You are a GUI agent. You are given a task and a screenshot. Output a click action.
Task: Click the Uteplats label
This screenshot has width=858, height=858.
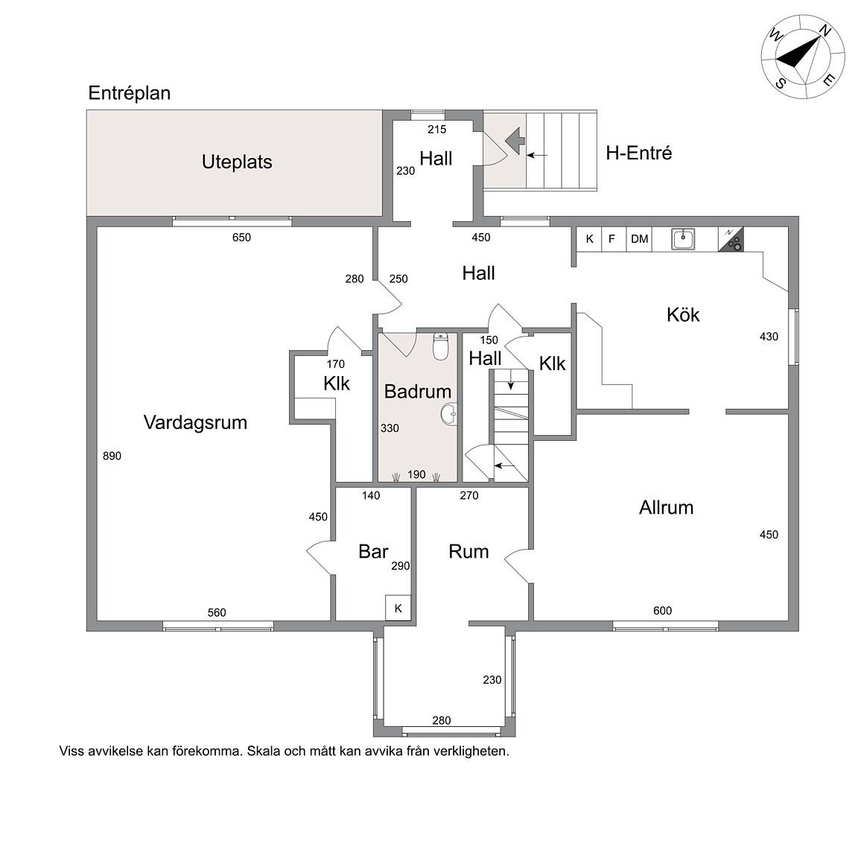click(x=237, y=162)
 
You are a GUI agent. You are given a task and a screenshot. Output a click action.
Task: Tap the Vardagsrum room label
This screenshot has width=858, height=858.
click(x=195, y=422)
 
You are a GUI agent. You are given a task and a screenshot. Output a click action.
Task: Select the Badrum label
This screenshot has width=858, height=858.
click(x=418, y=391)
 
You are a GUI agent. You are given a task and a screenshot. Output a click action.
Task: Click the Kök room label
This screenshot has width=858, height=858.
click(x=683, y=314)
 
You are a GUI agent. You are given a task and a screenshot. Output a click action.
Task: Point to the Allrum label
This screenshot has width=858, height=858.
click(x=666, y=507)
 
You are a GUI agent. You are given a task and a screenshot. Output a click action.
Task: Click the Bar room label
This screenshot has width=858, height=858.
click(x=373, y=551)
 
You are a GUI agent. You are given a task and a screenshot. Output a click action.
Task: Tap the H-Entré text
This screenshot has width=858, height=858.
click(x=638, y=153)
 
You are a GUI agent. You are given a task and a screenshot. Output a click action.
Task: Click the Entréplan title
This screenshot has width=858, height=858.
click(x=129, y=93)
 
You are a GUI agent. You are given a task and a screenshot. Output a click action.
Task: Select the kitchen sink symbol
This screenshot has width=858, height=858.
click(x=683, y=239)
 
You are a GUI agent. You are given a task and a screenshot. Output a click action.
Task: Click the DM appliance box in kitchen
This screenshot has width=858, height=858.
click(x=639, y=239)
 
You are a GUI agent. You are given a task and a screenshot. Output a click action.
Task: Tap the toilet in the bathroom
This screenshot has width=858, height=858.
click(x=440, y=346)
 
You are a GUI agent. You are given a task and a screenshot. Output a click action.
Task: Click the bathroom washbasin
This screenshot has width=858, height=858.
click(x=448, y=414)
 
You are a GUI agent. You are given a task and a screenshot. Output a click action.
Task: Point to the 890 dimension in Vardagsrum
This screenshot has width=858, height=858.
click(x=112, y=456)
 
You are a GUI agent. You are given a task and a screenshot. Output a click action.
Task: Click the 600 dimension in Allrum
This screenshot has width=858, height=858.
click(x=662, y=611)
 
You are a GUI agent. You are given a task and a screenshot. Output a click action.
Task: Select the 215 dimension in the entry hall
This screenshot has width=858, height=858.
click(x=436, y=130)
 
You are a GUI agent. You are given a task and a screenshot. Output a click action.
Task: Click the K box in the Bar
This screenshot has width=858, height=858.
click(x=398, y=608)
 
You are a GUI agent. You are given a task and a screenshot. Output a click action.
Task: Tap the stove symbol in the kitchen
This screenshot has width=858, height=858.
click(x=731, y=240)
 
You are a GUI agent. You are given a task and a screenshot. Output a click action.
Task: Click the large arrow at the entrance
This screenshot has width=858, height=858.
click(x=515, y=141)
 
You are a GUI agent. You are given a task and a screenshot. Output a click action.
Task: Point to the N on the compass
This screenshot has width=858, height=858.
click(x=824, y=32)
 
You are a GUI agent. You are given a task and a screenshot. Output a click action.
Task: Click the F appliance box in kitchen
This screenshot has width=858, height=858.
click(x=612, y=239)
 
